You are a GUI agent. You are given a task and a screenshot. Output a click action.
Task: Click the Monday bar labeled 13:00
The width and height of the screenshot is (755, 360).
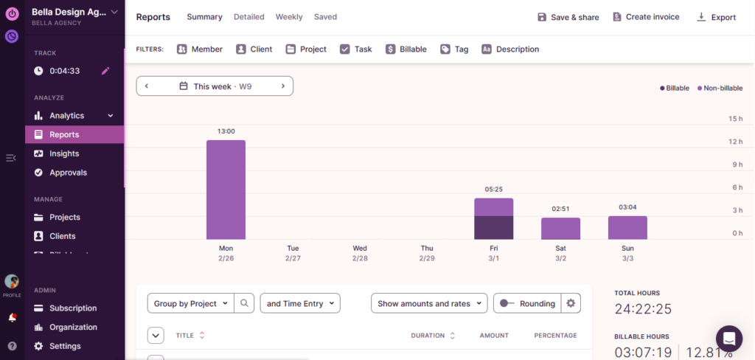(226, 190)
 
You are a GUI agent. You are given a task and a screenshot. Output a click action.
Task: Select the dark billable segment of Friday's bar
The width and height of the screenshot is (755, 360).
(493, 228)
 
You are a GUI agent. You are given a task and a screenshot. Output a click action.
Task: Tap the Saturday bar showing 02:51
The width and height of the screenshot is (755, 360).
(560, 229)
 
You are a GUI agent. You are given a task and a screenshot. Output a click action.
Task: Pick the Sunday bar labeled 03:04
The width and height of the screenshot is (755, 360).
(627, 228)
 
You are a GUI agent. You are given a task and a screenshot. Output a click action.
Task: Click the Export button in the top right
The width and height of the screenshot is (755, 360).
(716, 17)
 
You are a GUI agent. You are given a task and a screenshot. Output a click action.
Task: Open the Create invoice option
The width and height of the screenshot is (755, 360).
(646, 17)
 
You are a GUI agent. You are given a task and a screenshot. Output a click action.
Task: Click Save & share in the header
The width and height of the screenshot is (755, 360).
(568, 17)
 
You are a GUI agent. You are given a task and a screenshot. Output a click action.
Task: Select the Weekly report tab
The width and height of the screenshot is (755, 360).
(289, 17)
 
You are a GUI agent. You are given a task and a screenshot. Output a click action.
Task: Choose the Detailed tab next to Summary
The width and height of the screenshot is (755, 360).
(250, 17)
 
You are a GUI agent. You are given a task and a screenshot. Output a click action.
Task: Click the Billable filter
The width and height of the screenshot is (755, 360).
(406, 49)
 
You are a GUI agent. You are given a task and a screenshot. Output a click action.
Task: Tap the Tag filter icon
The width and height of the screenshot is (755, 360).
(445, 49)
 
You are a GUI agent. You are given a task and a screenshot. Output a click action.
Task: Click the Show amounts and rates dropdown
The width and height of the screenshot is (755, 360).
(429, 303)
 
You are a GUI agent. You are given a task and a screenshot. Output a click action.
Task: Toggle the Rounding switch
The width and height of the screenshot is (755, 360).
(507, 303)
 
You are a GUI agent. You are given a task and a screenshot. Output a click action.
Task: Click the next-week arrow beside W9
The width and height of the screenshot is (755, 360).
(282, 86)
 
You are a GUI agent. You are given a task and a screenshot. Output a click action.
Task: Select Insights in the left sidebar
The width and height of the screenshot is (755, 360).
(64, 153)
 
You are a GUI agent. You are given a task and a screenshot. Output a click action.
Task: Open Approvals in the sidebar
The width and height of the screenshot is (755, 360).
(68, 173)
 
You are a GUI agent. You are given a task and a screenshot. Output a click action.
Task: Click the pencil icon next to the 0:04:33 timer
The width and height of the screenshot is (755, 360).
(105, 71)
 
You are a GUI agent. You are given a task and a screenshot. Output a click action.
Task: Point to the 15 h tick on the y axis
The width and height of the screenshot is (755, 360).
(735, 119)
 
